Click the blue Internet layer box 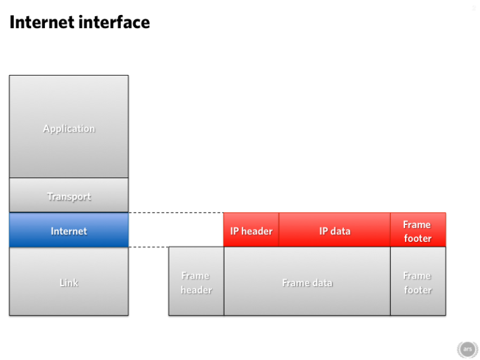point(69,230)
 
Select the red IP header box point(251,230)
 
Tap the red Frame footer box point(417,230)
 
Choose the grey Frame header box point(196,282)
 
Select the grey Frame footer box point(417,282)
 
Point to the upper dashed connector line point(175,213)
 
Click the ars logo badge point(467,349)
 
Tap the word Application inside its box point(69,129)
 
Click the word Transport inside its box point(69,197)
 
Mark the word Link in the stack point(69,283)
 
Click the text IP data point(334,231)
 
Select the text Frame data point(307,283)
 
